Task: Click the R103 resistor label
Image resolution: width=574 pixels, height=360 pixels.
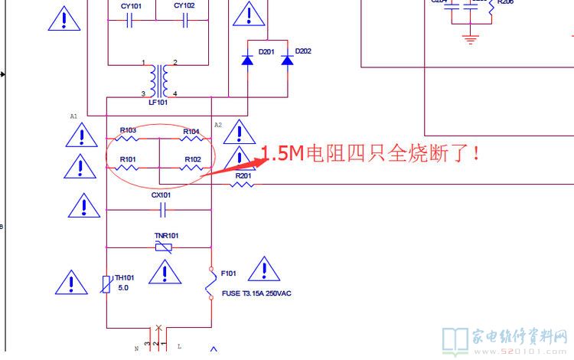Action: click(128, 130)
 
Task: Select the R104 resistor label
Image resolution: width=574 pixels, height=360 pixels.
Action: click(191, 131)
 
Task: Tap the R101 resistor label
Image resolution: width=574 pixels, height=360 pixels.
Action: click(128, 159)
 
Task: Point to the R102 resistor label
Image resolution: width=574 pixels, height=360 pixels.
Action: click(192, 159)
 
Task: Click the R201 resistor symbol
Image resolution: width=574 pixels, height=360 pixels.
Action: click(243, 185)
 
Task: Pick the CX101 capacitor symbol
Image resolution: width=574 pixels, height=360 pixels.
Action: click(161, 209)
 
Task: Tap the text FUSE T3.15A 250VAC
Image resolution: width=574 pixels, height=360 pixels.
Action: click(256, 293)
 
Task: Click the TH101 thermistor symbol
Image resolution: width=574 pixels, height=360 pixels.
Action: click(107, 284)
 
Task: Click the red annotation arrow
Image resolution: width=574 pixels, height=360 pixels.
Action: click(230, 166)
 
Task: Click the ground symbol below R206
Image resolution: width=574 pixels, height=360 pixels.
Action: click(469, 36)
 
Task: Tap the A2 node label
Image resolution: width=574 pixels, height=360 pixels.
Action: click(218, 125)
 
